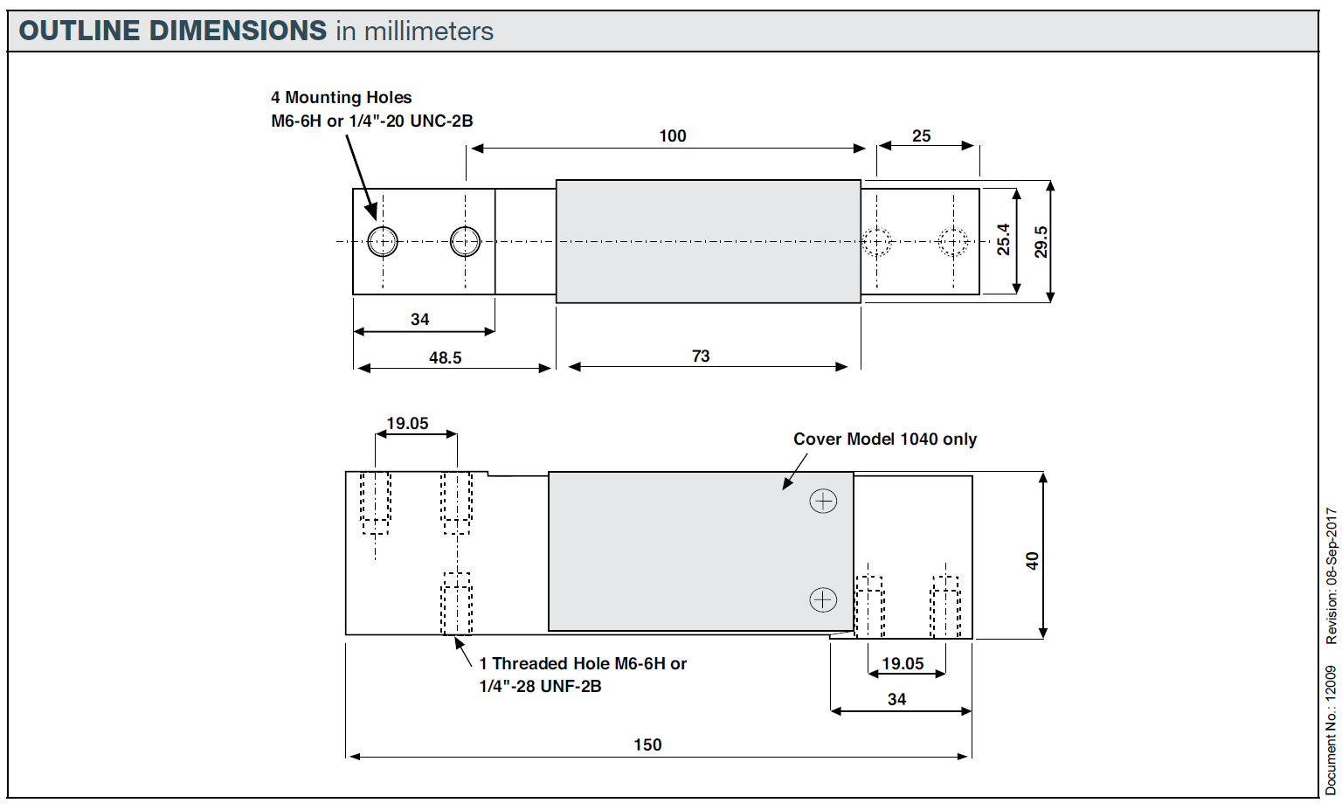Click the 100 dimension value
pos(672,136)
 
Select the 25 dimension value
pos(921,136)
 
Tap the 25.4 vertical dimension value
pos(1004,239)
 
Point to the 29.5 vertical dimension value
pos(1041,242)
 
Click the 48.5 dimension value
pos(445,358)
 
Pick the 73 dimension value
pos(701,357)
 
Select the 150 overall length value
pos(647,745)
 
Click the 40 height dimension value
pos(1032,561)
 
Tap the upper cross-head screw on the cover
pos(823,502)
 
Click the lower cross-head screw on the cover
pos(823,600)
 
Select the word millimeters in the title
pos(428,31)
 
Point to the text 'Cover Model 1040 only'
pos(884,440)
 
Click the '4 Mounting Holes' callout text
pos(341,98)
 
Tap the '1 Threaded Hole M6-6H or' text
pos(583,664)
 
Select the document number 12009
pos(1331,682)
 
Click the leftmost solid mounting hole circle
pos(383,241)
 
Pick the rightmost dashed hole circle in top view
pos(953,241)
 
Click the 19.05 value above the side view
pos(407,424)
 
